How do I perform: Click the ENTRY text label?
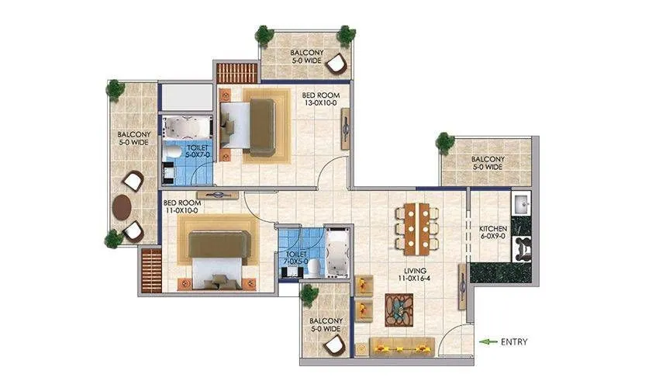[x=515, y=341]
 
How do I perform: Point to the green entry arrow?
[x=488, y=341]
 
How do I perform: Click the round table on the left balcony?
[x=123, y=207]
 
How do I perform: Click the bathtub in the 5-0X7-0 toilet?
[x=186, y=126]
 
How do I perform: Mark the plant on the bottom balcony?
[x=310, y=293]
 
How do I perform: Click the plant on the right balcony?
[x=444, y=142]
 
